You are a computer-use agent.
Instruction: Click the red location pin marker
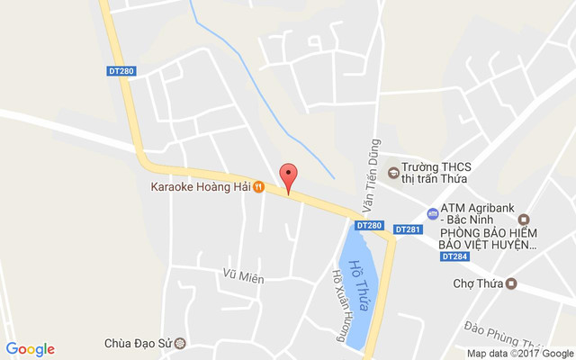coord(288,176)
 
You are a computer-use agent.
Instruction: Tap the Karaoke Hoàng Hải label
coord(199,187)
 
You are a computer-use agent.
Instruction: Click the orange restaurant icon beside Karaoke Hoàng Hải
coord(258,187)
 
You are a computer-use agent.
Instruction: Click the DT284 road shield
coord(454,256)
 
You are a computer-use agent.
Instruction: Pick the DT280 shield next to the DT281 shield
coord(369,225)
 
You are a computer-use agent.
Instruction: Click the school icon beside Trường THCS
coord(392,172)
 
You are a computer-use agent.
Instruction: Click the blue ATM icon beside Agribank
coord(433,215)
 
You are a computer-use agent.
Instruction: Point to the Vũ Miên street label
coord(244,278)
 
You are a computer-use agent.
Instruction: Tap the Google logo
coord(31,349)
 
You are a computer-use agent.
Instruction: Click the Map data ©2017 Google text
coord(519,354)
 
